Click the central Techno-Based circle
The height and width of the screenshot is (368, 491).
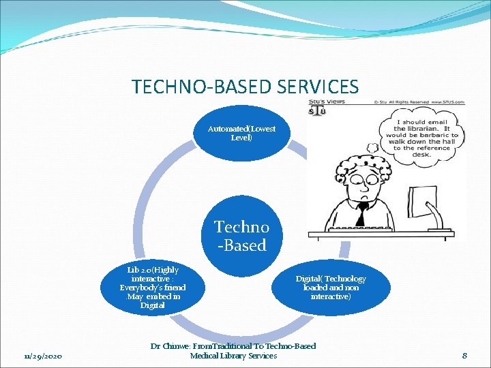(x=241, y=236)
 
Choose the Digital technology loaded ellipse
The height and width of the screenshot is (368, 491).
(x=331, y=288)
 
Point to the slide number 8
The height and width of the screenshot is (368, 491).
(x=464, y=355)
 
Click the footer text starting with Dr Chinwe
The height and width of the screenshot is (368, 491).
(x=233, y=350)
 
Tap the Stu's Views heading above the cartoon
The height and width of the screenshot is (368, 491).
(x=327, y=102)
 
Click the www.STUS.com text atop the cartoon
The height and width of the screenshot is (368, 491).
(x=446, y=102)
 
